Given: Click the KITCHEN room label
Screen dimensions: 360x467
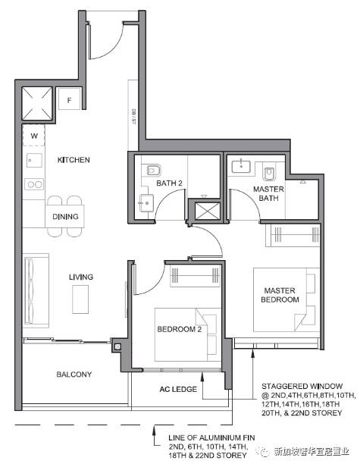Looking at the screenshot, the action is (74, 160).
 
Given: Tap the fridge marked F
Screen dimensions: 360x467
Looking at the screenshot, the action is (70, 99).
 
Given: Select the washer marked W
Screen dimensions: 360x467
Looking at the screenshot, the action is (34, 136).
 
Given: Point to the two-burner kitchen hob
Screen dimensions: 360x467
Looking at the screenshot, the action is (34, 184).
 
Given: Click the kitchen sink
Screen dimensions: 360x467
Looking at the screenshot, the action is (34, 160).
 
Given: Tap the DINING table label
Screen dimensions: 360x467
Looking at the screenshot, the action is (65, 217).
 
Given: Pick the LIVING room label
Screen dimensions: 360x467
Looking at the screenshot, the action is (81, 277).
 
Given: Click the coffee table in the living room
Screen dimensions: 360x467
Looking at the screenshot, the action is (80, 299).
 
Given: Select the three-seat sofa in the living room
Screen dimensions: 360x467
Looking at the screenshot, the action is (36, 290).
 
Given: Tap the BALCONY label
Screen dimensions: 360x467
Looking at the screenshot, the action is (74, 374).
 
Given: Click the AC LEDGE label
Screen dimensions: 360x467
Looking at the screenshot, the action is (178, 389).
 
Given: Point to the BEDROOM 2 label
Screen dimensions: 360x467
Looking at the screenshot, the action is (180, 329).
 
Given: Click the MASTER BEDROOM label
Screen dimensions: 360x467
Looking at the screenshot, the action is (280, 295).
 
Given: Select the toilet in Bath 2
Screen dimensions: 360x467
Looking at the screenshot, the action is (154, 171).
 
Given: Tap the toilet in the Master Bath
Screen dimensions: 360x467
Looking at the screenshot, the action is (269, 174).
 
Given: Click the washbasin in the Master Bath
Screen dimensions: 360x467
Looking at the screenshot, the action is (241, 165).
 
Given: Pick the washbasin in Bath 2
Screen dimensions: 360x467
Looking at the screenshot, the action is (146, 203).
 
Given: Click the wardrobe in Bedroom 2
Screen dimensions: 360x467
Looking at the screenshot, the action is (195, 275).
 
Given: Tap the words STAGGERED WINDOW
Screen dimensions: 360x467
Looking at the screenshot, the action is (302, 387).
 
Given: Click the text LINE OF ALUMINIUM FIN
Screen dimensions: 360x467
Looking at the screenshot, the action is (211, 437).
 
